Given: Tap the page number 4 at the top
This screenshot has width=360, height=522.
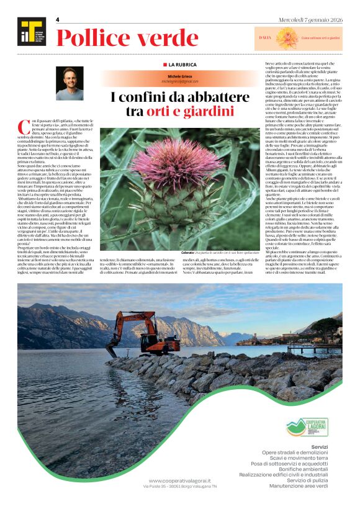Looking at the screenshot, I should point(57,20).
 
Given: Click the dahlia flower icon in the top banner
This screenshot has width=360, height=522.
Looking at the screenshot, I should point(288,37).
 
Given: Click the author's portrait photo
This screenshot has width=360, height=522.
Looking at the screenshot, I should point(70,83).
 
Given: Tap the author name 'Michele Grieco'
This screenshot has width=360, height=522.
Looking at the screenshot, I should point(180,76).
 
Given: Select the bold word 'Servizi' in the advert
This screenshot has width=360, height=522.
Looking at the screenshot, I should point(328,447).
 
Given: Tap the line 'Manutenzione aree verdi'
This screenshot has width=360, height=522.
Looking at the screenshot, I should point(305,486).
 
